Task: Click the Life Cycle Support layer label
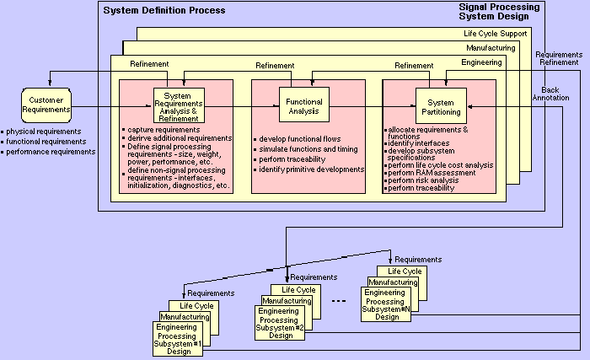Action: point(497,34)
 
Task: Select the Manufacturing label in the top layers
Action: point(503,48)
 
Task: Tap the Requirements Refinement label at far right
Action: point(559,58)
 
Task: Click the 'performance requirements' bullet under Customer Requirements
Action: point(51,152)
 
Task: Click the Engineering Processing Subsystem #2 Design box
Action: point(280,322)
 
